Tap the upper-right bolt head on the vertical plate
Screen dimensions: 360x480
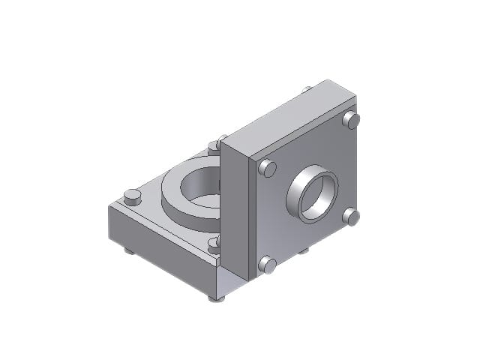coord(351,120)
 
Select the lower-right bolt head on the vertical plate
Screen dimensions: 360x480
coord(351,217)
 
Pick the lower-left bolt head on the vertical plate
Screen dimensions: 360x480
coord(267,265)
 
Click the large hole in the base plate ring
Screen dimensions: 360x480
coord(201,187)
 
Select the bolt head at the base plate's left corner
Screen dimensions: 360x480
coord(132,197)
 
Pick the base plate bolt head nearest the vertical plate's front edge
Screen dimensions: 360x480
coord(214,242)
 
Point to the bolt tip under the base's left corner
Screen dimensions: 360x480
coord(130,250)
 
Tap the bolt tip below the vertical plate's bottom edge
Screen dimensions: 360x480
coord(303,250)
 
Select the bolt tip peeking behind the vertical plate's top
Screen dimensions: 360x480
coord(307,89)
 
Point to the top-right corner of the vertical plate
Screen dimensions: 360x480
coord(355,96)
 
